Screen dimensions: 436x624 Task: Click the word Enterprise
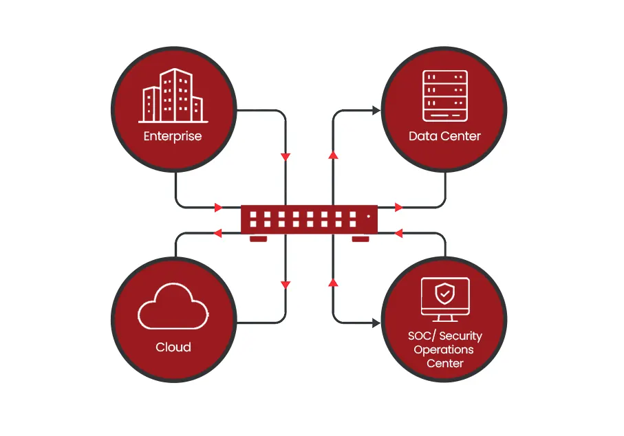(173, 135)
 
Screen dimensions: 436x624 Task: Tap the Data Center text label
(444, 135)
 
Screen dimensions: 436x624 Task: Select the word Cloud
(173, 347)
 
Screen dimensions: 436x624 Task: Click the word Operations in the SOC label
(444, 349)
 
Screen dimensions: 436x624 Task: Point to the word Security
(460, 336)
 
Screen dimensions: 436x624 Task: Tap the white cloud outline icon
(173, 307)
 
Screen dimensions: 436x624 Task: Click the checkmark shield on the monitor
(445, 294)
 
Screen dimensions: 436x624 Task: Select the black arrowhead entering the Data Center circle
(376, 110)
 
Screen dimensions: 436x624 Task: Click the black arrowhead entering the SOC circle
(376, 322)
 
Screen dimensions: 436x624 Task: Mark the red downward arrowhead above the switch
(286, 157)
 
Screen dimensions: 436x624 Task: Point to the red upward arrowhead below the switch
(334, 282)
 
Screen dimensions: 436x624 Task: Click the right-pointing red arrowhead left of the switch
(219, 207)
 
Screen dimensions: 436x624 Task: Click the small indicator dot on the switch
(368, 216)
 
